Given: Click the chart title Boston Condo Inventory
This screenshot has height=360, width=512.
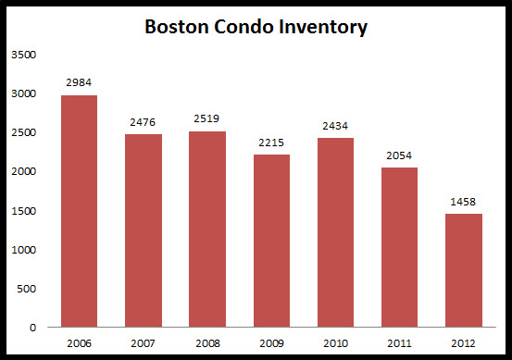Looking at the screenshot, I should tap(256, 27).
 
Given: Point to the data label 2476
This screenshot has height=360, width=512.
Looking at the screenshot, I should tap(143, 122).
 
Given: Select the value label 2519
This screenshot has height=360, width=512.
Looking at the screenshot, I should tap(206, 119).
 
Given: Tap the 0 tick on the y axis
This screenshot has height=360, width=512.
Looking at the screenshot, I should tap(33, 328).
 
